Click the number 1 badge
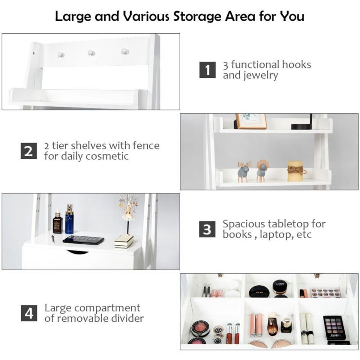207,70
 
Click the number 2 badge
28,151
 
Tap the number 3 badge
207,229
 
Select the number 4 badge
28,313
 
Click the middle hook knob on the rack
91,53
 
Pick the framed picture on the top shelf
251,121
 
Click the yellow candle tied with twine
297,171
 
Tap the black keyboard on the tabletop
84,240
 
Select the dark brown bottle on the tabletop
58,222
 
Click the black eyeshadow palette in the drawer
333,328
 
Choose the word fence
147,145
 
